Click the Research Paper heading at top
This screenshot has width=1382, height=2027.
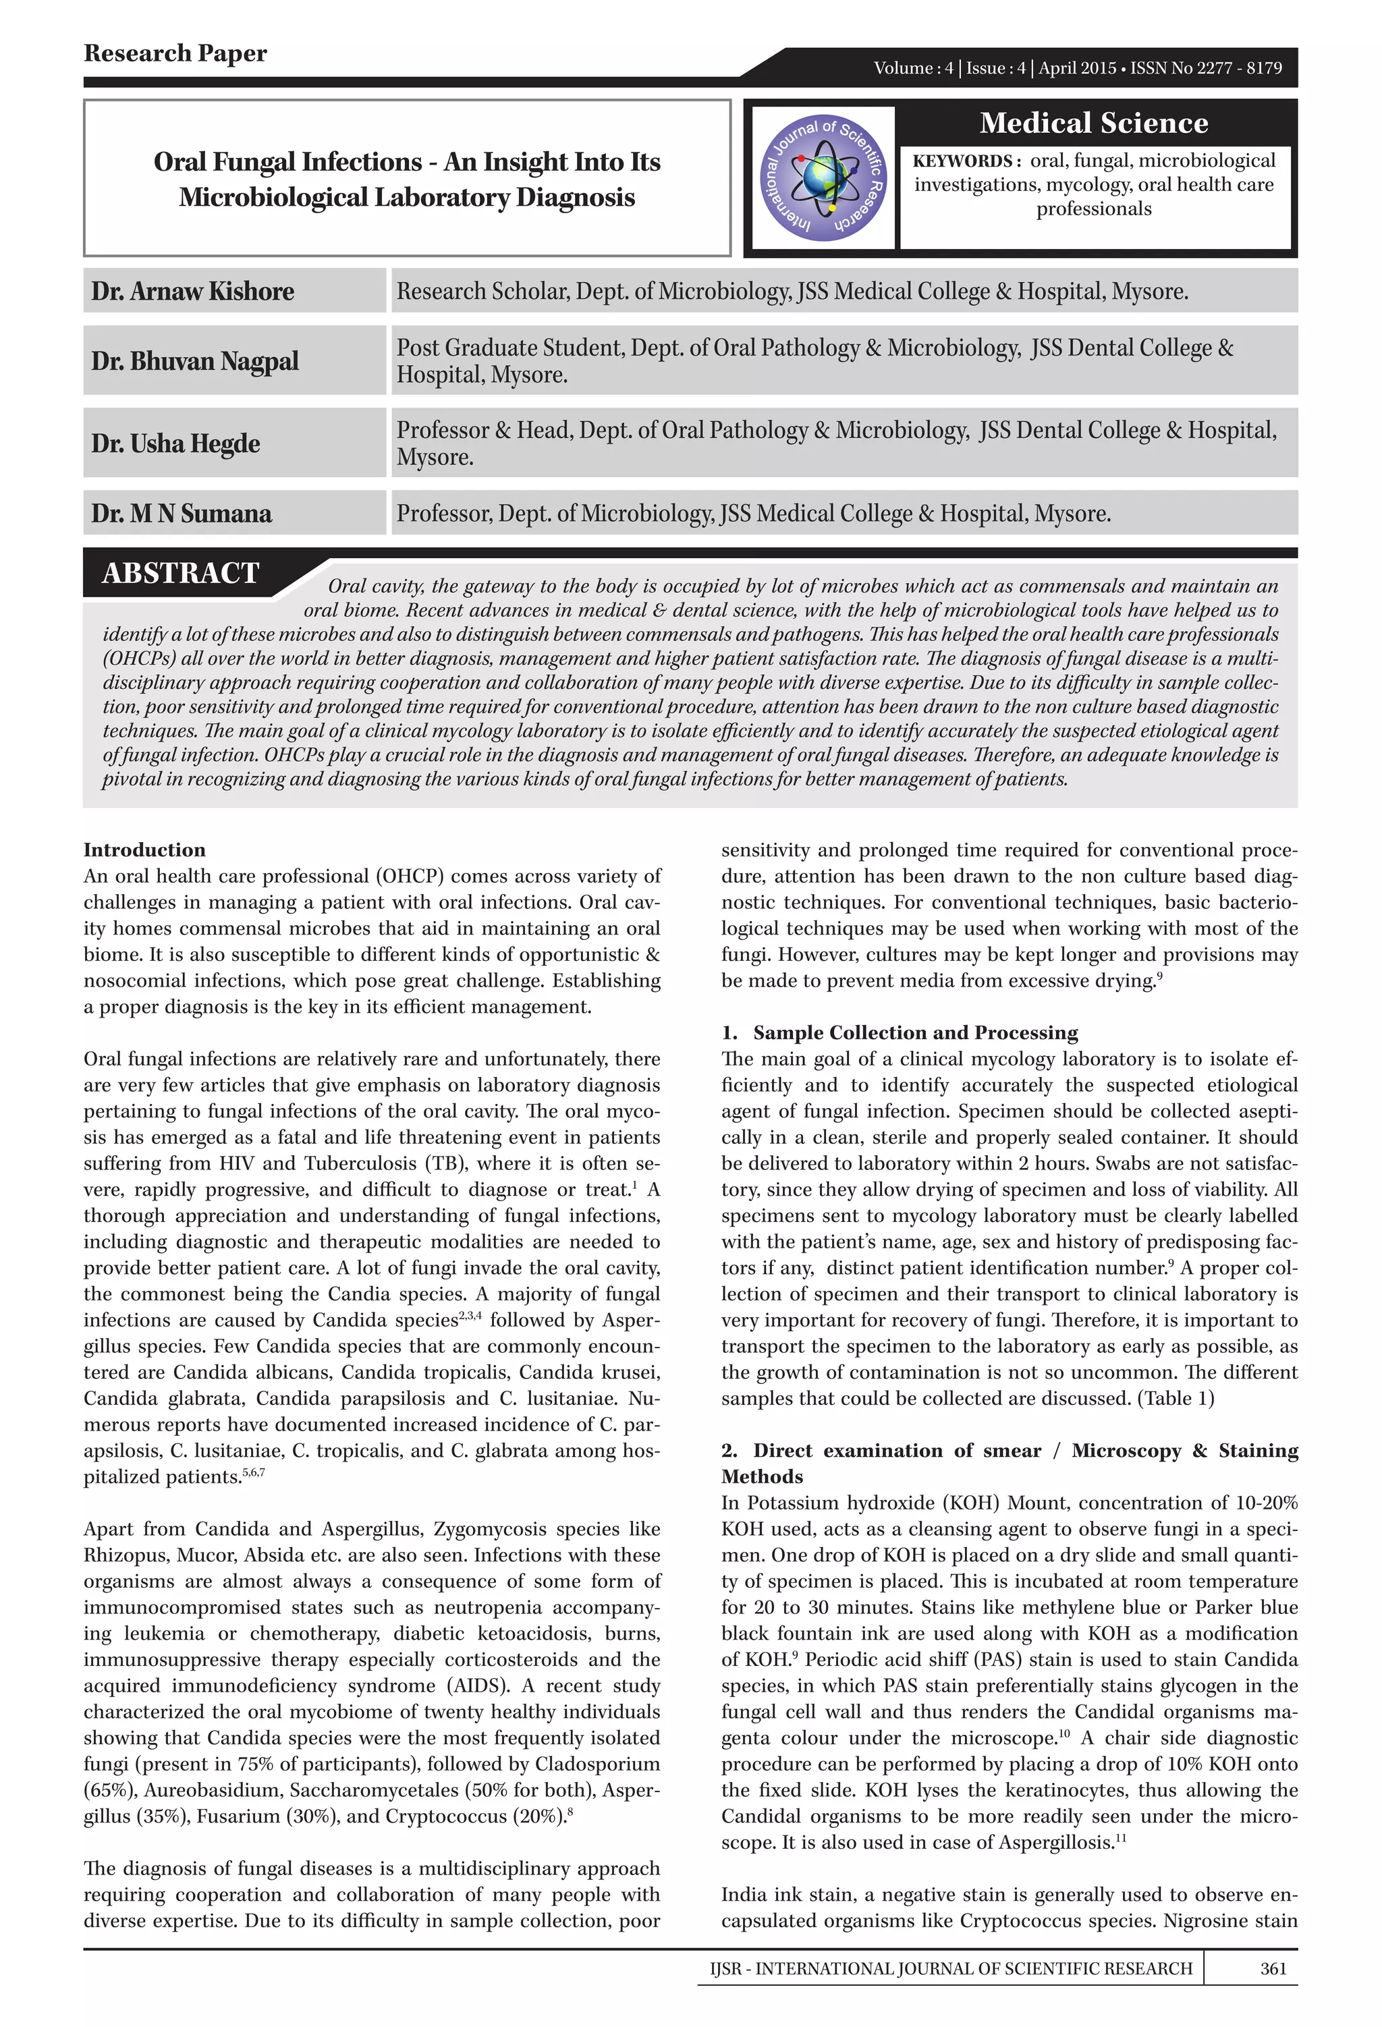175,53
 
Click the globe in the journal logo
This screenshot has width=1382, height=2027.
824,175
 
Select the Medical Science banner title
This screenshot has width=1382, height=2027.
1093,123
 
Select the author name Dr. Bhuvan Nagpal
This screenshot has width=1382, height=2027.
194,361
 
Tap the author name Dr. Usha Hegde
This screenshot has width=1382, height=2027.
175,444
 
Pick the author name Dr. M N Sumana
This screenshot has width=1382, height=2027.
182,513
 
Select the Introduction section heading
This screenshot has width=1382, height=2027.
144,850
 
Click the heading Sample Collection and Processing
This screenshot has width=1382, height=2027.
915,1032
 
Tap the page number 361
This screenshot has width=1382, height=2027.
1273,1968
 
